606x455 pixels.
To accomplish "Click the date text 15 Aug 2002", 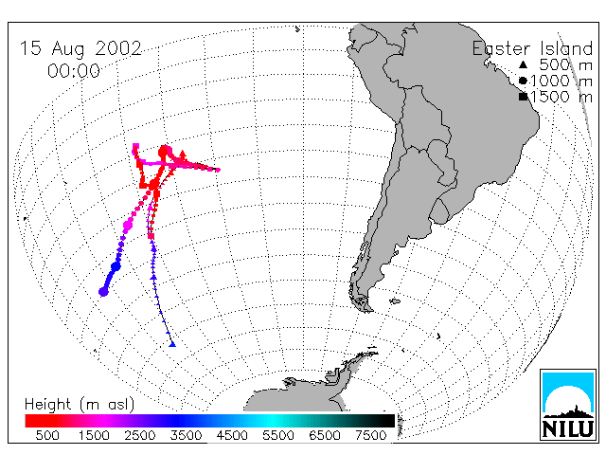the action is (80, 49).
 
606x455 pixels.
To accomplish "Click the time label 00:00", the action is (74, 71).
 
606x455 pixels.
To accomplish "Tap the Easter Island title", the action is (532, 48).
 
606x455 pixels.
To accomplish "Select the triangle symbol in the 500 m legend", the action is (523, 64).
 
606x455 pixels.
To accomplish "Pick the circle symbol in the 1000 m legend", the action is (523, 81).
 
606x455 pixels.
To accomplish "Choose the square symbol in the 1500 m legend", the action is (524, 97).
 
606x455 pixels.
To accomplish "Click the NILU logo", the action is (568, 405).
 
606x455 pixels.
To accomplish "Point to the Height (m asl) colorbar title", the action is (80, 405).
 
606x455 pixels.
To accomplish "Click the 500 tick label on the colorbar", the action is (47, 435).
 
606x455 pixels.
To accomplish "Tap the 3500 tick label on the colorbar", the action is (186, 435).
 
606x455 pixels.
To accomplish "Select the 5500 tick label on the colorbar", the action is (278, 435).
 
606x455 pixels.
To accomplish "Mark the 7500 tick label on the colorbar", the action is (370, 435).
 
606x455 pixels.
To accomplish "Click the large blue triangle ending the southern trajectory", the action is (172, 344).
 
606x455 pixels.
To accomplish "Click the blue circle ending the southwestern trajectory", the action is (103, 292).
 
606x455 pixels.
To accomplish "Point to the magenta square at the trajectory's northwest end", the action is (135, 146).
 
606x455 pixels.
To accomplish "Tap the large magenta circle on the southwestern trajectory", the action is (128, 224).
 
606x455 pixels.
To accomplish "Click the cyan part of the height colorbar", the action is (273, 421).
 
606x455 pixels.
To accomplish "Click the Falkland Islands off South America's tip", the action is (395, 300).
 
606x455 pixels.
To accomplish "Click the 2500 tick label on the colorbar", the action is (140, 435).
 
